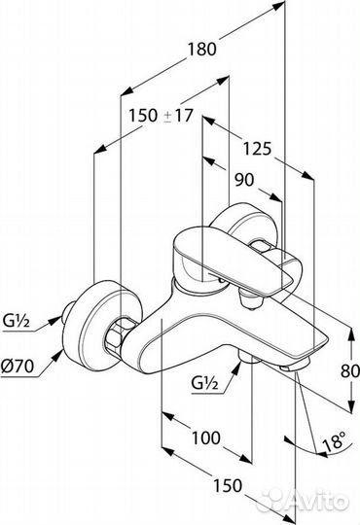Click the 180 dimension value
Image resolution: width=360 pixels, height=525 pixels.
pyautogui.click(x=201, y=50)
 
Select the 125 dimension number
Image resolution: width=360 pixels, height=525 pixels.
pyautogui.click(x=257, y=149)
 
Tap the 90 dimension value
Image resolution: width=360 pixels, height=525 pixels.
pyautogui.click(x=244, y=181)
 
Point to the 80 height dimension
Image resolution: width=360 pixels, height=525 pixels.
pyautogui.click(x=350, y=370)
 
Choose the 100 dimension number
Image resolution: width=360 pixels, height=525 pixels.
pyautogui.click(x=206, y=437)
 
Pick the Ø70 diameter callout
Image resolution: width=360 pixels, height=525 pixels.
pyautogui.click(x=18, y=366)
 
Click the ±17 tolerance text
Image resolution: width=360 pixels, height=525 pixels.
pyautogui.click(x=178, y=116)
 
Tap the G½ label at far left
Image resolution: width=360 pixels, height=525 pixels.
pyautogui.click(x=17, y=322)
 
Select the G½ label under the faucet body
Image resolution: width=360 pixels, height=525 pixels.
pyautogui.click(x=204, y=383)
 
